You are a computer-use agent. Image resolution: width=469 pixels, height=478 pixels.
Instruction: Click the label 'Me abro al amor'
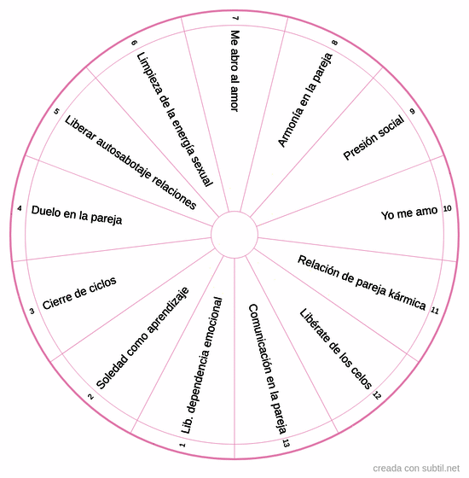point(234,71)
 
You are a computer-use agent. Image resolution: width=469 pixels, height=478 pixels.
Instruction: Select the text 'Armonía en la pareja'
point(305,100)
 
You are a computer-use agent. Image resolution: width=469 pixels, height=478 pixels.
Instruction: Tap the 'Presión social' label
point(373,137)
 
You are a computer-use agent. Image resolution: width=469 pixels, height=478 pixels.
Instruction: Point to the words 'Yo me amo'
point(409,213)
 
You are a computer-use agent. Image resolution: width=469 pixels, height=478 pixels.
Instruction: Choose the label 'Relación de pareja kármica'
point(362,283)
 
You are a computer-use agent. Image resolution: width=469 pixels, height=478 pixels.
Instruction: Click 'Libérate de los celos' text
point(336,348)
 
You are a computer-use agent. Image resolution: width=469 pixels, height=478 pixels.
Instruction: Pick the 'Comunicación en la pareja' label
point(268,369)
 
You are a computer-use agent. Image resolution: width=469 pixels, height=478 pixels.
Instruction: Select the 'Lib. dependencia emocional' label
point(202,365)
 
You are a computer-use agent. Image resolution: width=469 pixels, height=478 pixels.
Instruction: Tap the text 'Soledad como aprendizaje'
point(142,338)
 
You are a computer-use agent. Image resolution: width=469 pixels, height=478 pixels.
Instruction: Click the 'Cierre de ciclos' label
point(79,293)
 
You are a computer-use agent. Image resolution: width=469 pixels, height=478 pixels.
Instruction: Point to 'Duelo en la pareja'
point(77,215)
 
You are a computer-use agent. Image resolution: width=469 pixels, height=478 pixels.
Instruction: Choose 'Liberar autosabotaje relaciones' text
point(130,162)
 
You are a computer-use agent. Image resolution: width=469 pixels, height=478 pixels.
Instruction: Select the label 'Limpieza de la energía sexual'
point(175,119)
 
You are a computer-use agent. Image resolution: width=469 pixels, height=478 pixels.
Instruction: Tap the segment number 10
point(447,208)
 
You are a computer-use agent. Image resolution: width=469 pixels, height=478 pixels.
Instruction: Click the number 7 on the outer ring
point(234,18)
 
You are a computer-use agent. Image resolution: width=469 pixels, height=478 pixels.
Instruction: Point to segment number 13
point(286,443)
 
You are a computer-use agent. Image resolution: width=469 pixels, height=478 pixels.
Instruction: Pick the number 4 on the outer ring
point(20,208)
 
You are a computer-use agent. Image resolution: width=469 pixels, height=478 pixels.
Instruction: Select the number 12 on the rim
point(377,395)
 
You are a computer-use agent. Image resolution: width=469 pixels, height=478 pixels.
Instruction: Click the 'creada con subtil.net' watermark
point(416,468)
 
